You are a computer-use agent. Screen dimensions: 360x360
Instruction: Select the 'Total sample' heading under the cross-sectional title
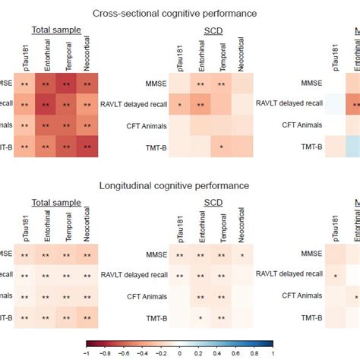point(56,30)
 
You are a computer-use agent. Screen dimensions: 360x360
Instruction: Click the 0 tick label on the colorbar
point(181,352)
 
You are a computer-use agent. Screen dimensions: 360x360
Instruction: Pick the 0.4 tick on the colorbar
point(217,352)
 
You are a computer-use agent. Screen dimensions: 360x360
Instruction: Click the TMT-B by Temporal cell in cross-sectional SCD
point(221,145)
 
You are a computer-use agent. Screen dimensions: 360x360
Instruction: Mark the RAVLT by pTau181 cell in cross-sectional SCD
point(179,104)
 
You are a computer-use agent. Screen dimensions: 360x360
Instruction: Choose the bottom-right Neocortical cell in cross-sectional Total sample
point(87,145)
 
